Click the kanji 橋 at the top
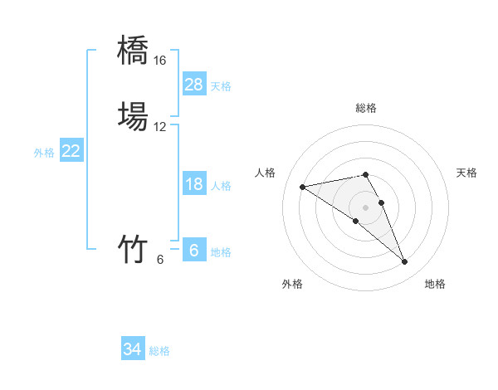click(134, 51)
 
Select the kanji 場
click(134, 116)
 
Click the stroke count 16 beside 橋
click(159, 61)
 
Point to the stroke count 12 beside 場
click(159, 127)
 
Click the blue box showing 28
click(194, 85)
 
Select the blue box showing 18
click(194, 184)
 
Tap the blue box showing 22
click(71, 151)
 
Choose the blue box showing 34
click(133, 349)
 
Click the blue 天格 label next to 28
click(221, 85)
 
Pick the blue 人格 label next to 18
click(221, 186)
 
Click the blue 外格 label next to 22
click(44, 153)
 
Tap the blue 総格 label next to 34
click(159, 351)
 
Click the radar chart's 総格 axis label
click(366, 108)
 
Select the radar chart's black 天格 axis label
click(467, 173)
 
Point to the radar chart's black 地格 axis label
click(435, 284)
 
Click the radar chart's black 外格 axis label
click(292, 284)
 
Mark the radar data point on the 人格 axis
click(302, 186)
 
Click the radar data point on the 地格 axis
click(405, 262)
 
